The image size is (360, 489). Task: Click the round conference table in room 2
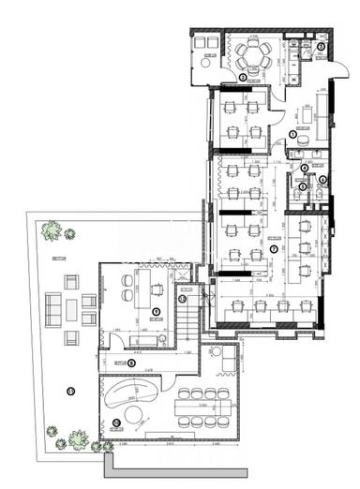pyautogui.click(x=252, y=53)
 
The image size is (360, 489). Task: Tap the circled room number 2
pyautogui.click(x=243, y=78)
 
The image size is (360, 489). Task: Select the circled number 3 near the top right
pyautogui.click(x=321, y=46)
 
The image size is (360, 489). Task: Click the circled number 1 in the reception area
pyautogui.click(x=292, y=135)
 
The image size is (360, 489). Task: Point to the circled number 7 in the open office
pyautogui.click(x=273, y=249)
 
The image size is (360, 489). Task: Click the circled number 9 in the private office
pyautogui.click(x=157, y=311)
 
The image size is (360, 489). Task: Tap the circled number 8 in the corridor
pyautogui.click(x=131, y=363)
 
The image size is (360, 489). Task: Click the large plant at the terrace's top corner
pyautogui.click(x=52, y=230)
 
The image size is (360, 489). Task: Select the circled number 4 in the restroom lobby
pyautogui.click(x=304, y=168)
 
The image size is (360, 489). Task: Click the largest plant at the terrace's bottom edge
pyautogui.click(x=81, y=437)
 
